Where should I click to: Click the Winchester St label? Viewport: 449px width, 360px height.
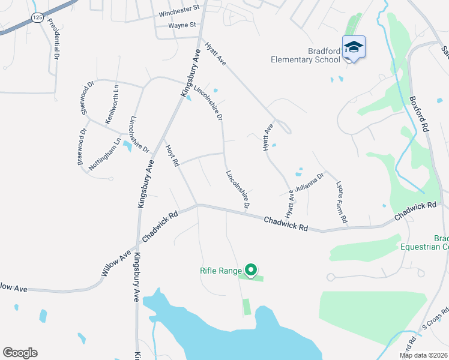179,12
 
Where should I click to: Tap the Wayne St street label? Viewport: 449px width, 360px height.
182,25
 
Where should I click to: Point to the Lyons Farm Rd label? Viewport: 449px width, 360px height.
342,203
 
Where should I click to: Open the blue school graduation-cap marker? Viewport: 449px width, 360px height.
354,47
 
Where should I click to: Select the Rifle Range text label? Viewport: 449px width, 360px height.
220,271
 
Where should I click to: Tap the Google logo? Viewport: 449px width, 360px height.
20,353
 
